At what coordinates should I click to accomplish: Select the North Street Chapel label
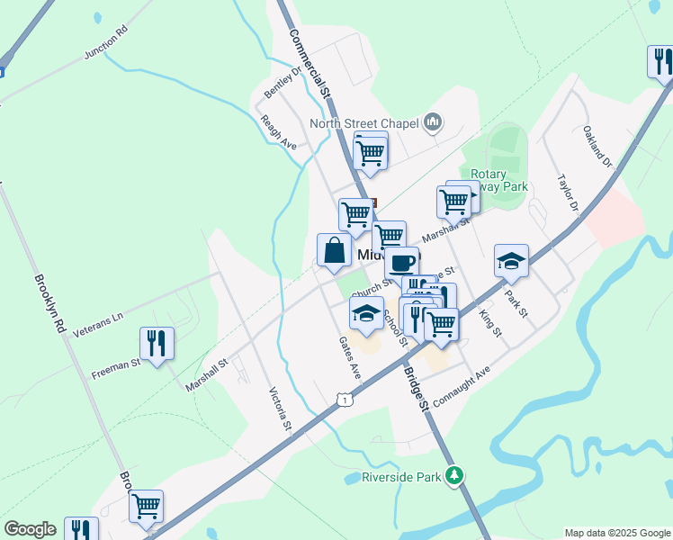click(x=364, y=123)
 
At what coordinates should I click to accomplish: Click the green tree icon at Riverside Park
click(x=455, y=475)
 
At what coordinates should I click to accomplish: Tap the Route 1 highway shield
click(x=343, y=398)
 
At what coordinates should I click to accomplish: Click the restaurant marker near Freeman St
click(x=157, y=344)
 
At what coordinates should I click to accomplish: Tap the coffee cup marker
click(x=402, y=263)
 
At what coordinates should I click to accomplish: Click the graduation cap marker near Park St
click(x=511, y=261)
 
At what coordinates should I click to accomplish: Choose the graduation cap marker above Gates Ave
click(x=366, y=313)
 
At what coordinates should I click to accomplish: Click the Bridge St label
click(x=415, y=389)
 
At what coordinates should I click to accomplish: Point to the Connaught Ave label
click(x=461, y=384)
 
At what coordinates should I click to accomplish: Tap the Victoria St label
click(x=281, y=410)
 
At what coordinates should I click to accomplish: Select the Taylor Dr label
click(x=566, y=193)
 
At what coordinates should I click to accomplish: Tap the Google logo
click(x=30, y=529)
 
